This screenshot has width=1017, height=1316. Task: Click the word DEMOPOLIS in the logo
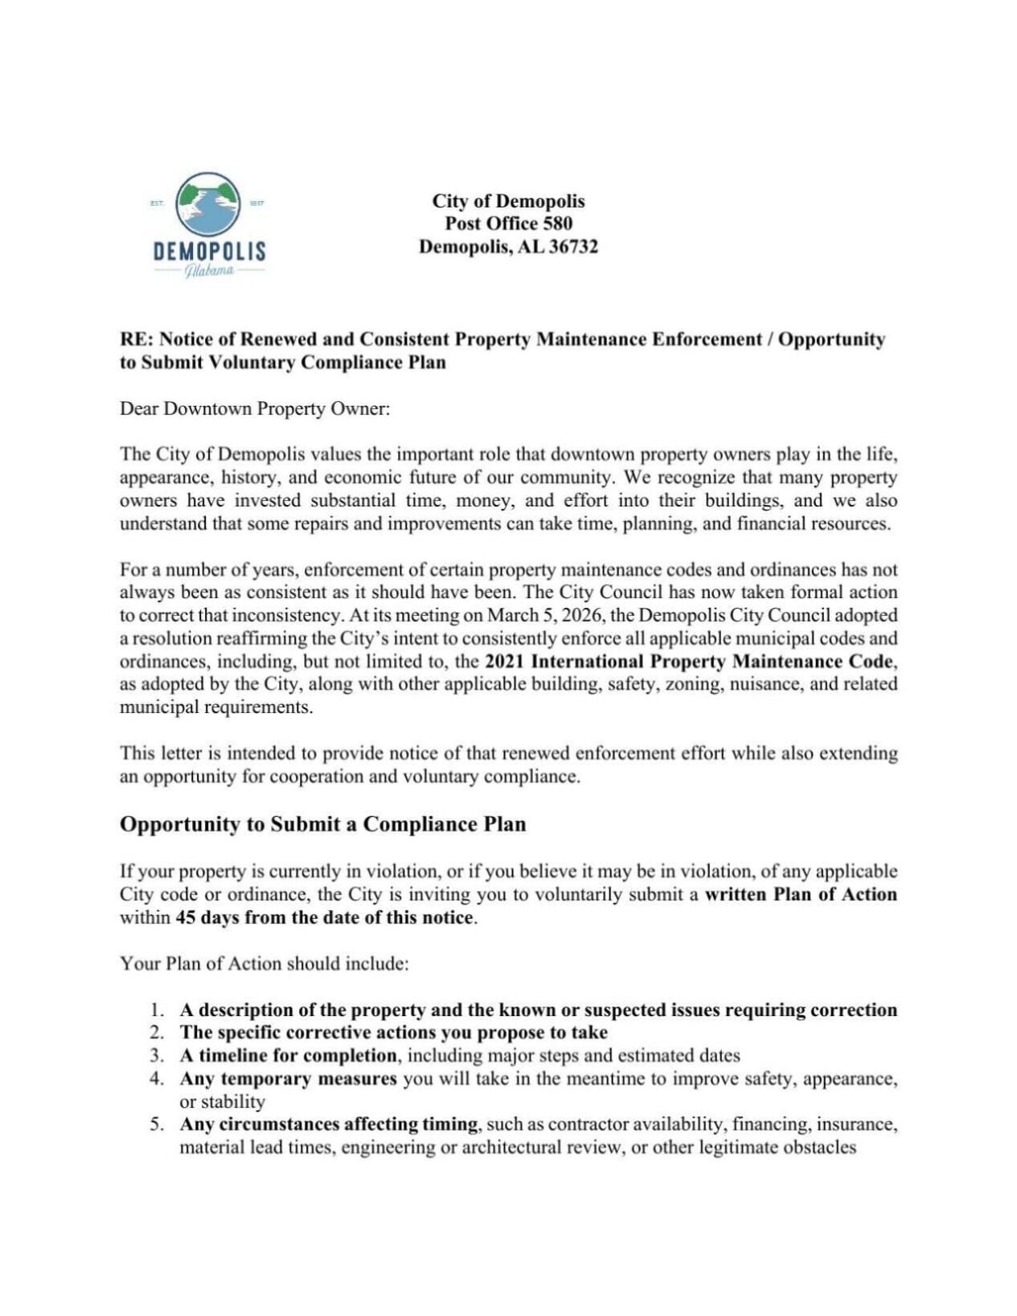pyautogui.click(x=209, y=251)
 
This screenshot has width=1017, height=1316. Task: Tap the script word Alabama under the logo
pyautogui.click(x=209, y=271)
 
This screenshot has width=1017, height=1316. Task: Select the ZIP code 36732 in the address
pyautogui.click(x=572, y=247)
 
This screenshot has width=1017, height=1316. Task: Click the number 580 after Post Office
pyautogui.click(x=556, y=223)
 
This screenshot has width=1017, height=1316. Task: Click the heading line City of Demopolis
pyautogui.click(x=508, y=201)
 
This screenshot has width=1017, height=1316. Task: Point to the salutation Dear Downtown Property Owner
pyautogui.click(x=255, y=408)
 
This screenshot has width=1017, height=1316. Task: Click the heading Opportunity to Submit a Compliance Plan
pyautogui.click(x=322, y=824)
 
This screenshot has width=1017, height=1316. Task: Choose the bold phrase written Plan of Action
pyautogui.click(x=800, y=894)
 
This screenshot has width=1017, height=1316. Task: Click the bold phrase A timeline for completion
pyautogui.click(x=288, y=1056)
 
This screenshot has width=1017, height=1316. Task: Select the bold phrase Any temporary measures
pyautogui.click(x=288, y=1078)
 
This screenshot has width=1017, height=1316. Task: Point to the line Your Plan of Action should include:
pyautogui.click(x=265, y=963)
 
